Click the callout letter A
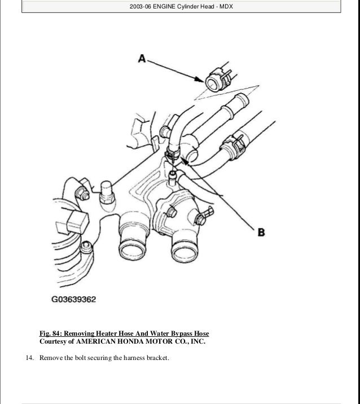(142, 59)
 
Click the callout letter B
(261, 232)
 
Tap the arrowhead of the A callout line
(200, 79)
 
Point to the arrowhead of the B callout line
(185, 160)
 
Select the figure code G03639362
(74, 299)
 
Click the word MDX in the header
(226, 6)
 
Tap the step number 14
(29, 358)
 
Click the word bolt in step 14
(80, 358)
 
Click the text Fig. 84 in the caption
(50, 333)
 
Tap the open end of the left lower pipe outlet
(133, 249)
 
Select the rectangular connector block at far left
(78, 222)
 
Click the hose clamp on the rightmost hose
(234, 146)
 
